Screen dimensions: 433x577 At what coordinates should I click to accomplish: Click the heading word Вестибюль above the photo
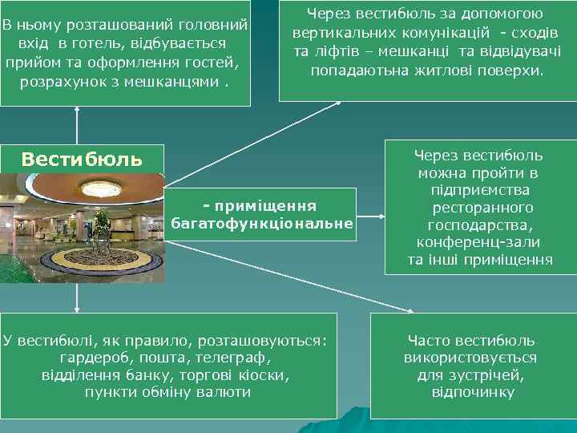click(x=83, y=159)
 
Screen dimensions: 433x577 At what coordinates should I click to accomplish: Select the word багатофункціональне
click(x=262, y=223)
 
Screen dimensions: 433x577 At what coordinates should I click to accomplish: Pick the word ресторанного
click(x=478, y=208)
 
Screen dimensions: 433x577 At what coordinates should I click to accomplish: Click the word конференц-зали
click(x=478, y=242)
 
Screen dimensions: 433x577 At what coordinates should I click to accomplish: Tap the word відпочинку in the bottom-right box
click(x=473, y=392)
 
